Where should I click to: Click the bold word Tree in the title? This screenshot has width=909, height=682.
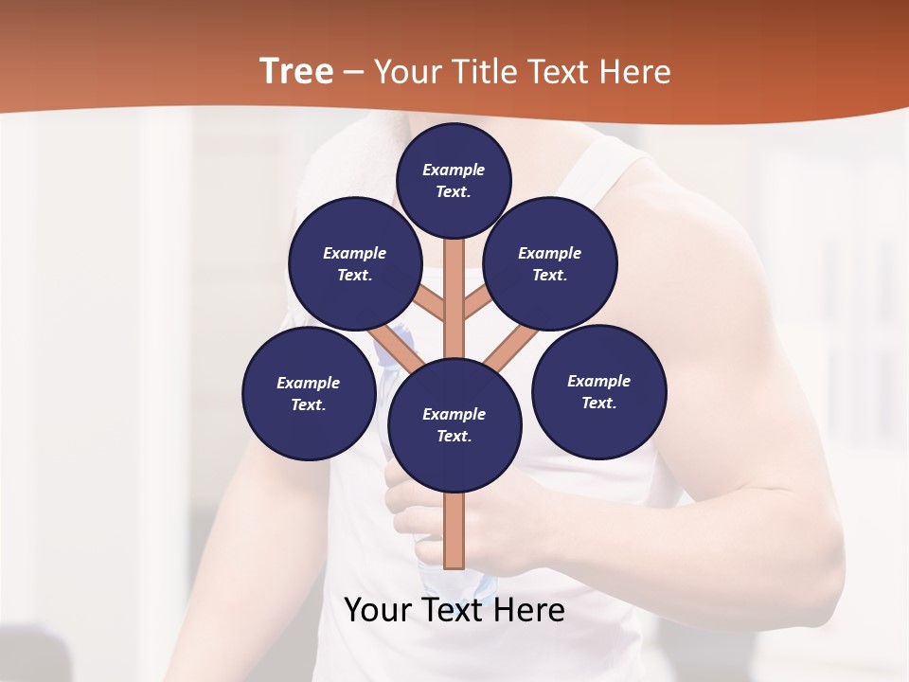point(296,71)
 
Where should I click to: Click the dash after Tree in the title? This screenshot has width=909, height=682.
point(354,72)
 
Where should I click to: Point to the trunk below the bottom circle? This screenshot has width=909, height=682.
point(454,530)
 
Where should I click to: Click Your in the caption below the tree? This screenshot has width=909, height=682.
point(377,610)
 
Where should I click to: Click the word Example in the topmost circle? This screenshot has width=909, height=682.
point(454,170)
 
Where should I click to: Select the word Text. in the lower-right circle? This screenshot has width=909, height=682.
point(598,403)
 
